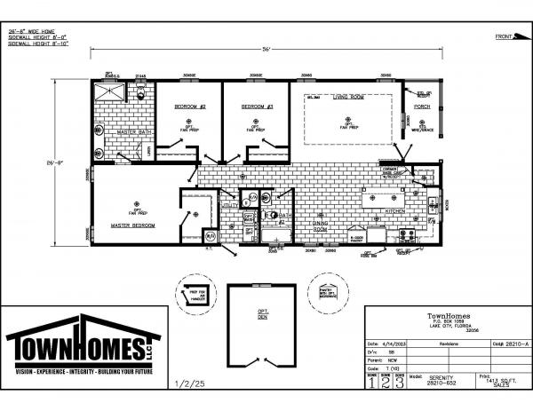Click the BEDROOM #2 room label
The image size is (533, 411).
(x=189, y=107)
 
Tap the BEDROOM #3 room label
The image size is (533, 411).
(x=257, y=107)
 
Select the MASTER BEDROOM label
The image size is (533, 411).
(x=133, y=225)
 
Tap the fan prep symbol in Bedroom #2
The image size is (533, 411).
(x=189, y=119)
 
